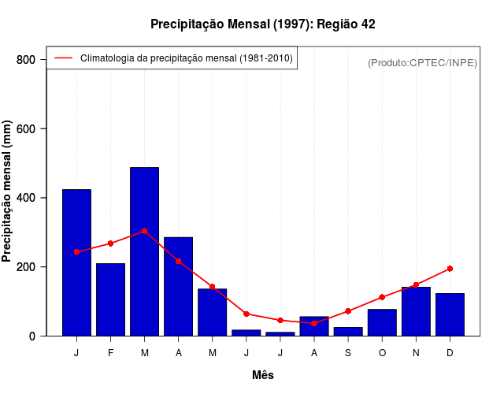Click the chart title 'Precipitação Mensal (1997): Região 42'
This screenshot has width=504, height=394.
(x=262, y=24)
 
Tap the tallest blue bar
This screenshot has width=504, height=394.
(x=144, y=251)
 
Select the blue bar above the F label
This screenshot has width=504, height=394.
(x=110, y=299)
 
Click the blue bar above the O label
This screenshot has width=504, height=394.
(x=382, y=322)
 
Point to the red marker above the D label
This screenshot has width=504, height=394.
(x=450, y=269)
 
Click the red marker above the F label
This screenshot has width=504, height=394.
(x=110, y=243)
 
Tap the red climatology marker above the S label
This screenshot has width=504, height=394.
(x=347, y=311)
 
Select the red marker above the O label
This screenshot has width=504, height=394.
(x=382, y=297)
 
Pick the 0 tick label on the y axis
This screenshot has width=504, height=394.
(x=32, y=336)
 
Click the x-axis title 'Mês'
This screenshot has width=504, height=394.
(x=262, y=375)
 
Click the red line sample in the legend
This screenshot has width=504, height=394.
(x=64, y=58)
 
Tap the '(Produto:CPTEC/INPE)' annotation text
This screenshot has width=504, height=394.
(x=422, y=62)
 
